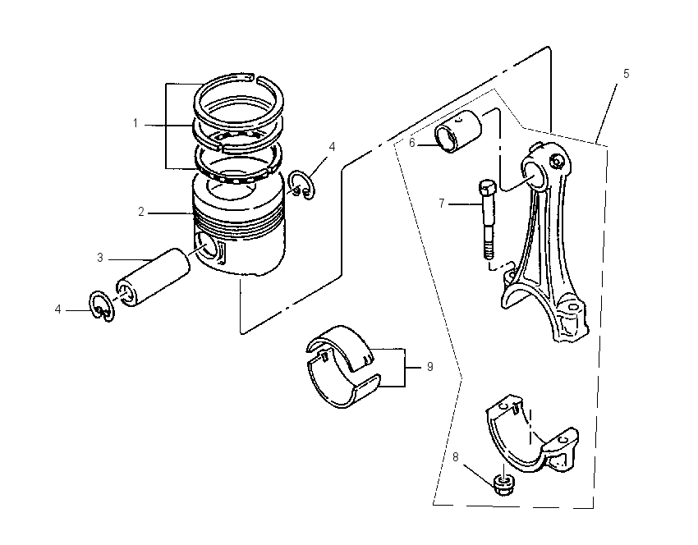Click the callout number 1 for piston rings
click(135, 123)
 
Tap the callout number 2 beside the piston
click(141, 213)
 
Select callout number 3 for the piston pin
click(100, 258)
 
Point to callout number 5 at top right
click(626, 74)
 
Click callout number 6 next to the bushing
click(411, 143)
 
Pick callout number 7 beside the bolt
click(441, 204)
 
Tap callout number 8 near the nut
click(456, 457)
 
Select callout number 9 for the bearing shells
click(429, 367)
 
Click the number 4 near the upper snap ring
click(332, 147)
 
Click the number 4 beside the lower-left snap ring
click(57, 309)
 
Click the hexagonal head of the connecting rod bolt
click(487, 188)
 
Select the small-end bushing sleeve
click(458, 131)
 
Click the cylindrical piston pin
click(153, 277)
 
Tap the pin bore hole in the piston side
click(206, 250)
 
